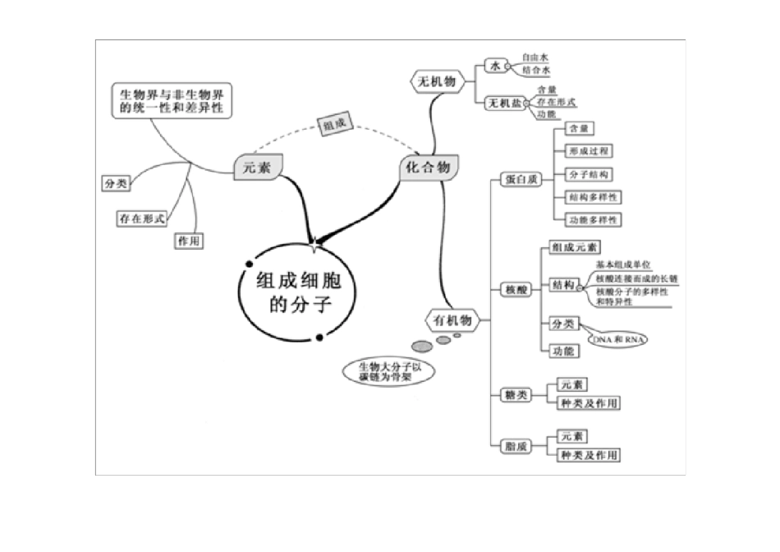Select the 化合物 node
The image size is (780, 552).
(x=427, y=168)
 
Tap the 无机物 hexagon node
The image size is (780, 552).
(x=437, y=81)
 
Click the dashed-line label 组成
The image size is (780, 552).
(x=334, y=126)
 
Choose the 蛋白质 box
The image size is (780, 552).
(x=521, y=179)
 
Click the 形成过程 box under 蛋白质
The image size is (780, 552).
(x=590, y=151)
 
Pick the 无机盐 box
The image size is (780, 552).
(x=505, y=103)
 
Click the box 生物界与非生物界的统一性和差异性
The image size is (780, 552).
(x=171, y=101)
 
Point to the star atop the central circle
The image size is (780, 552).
(x=314, y=243)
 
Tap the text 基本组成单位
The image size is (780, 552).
(x=623, y=265)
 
